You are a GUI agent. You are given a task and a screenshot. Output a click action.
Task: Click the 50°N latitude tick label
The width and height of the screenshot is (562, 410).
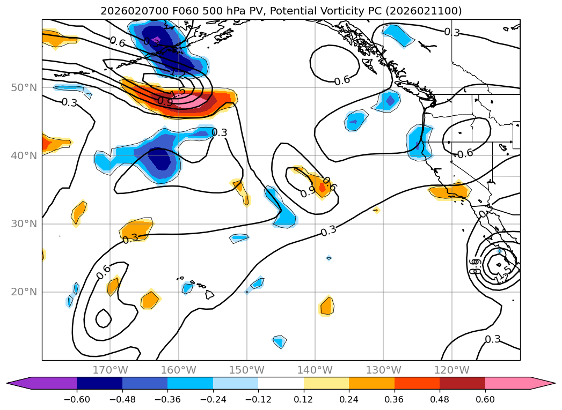[x=24, y=87]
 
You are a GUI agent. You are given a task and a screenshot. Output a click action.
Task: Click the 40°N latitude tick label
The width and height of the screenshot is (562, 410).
[x=24, y=155]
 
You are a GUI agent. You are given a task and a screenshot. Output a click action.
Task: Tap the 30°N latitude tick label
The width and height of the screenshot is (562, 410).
[x=24, y=223]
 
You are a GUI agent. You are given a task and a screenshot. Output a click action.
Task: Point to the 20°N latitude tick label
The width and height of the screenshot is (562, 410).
[x=24, y=292]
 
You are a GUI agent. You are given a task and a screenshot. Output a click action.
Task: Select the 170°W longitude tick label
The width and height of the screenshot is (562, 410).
[x=110, y=370]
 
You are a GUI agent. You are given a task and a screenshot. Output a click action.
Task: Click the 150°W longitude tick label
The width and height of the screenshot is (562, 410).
[x=247, y=370]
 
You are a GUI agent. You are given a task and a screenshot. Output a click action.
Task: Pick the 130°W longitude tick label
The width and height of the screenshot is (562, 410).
[x=383, y=370]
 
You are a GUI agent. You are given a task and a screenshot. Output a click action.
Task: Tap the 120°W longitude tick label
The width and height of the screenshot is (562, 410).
[x=451, y=370]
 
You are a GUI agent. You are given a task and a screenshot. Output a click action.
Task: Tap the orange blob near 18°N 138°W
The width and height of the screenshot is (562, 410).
[x=326, y=307]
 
